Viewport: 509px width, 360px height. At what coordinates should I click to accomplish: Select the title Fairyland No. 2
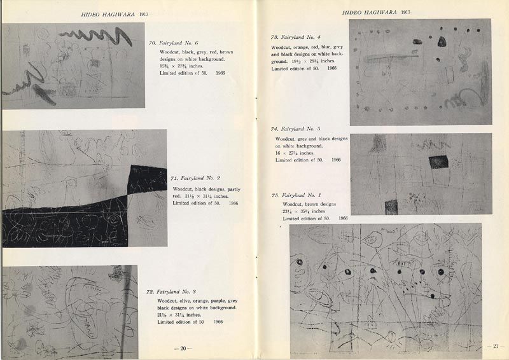pyautogui.click(x=200, y=179)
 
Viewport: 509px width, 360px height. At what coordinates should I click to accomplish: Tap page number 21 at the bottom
pyautogui.click(x=496, y=346)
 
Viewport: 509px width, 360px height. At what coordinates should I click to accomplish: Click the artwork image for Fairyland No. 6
pyautogui.click(x=73, y=66)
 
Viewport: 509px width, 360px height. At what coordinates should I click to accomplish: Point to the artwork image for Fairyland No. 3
pyautogui.click(x=69, y=312)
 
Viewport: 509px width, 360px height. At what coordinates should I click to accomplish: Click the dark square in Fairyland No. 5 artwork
pyautogui.click(x=438, y=162)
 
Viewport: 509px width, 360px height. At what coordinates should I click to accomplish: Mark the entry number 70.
pyautogui.click(x=152, y=43)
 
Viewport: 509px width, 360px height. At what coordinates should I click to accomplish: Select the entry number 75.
pyautogui.click(x=275, y=195)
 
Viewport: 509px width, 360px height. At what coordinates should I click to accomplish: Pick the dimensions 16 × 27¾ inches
pyautogui.click(x=295, y=153)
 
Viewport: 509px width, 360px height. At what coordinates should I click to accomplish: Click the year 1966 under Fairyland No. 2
pyautogui.click(x=233, y=204)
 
